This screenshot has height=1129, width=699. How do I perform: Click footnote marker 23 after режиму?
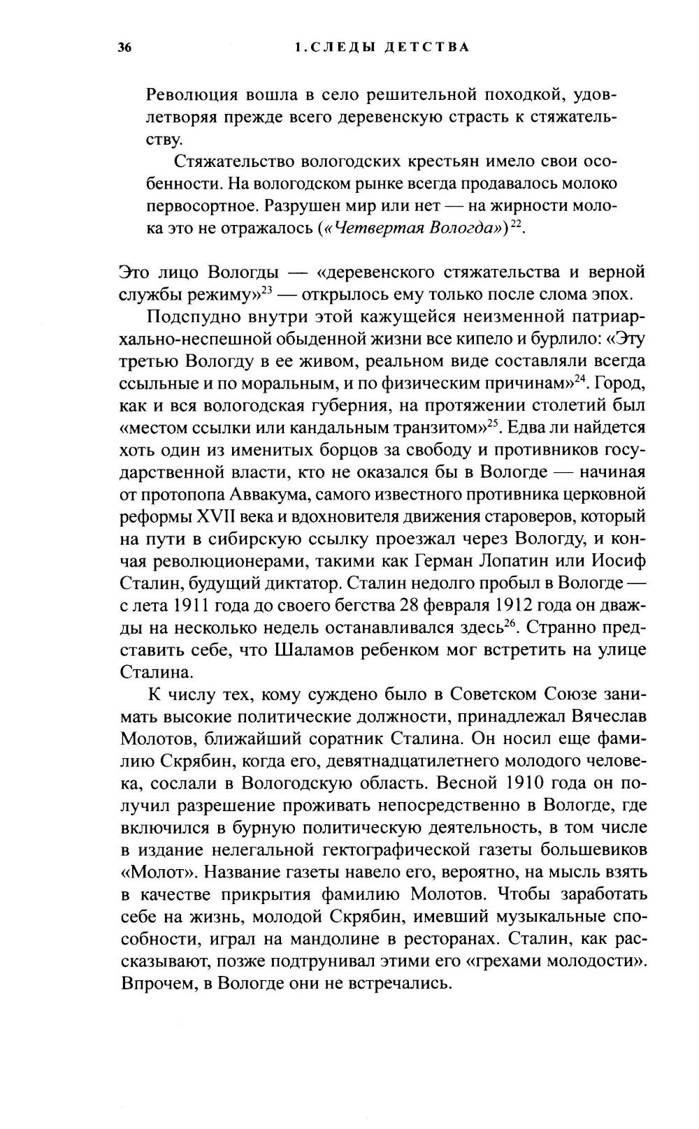coord(266,289)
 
